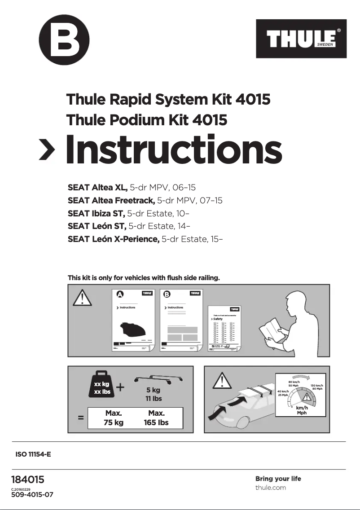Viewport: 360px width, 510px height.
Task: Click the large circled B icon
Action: [x=64, y=40]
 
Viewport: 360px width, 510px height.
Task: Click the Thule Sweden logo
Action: [x=301, y=39]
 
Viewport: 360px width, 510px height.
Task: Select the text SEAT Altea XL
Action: [x=97, y=188]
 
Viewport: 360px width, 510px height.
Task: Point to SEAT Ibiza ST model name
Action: [x=96, y=213]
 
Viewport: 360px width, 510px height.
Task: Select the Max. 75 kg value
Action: [x=114, y=418]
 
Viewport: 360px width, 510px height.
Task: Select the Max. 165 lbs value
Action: [x=156, y=418]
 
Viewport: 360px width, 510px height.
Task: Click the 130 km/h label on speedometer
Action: [x=317, y=387]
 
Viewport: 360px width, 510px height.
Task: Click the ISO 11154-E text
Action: [x=33, y=454]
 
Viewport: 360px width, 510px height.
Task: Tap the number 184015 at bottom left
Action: [x=27, y=480]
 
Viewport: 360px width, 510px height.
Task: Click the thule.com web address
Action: [x=270, y=488]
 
